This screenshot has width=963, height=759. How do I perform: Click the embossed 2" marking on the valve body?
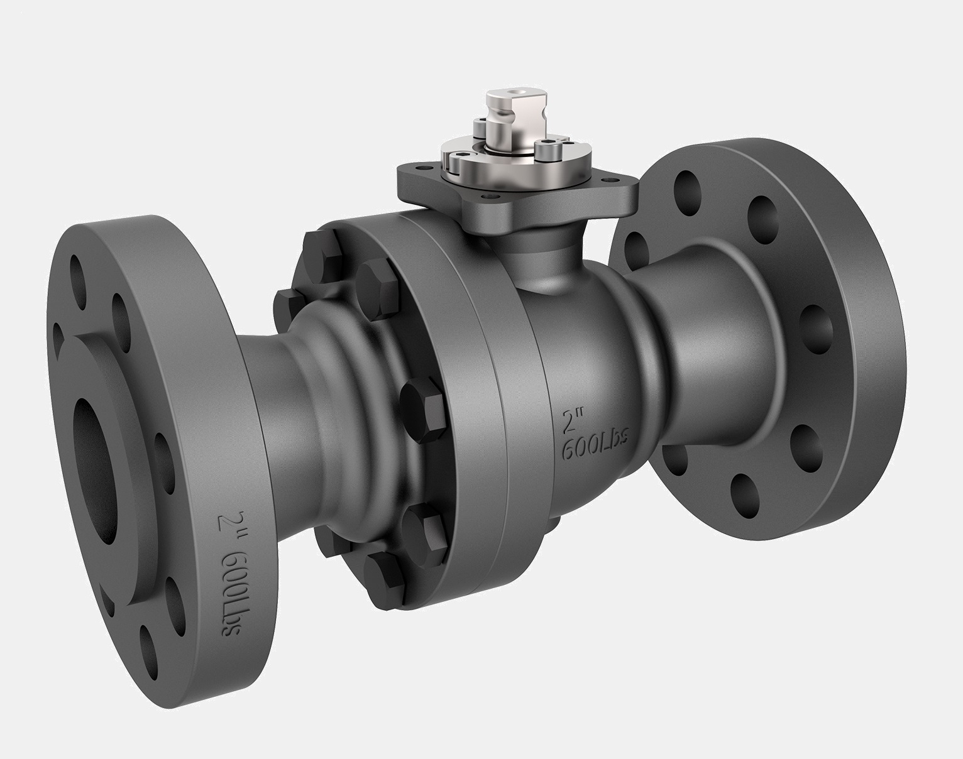573,420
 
